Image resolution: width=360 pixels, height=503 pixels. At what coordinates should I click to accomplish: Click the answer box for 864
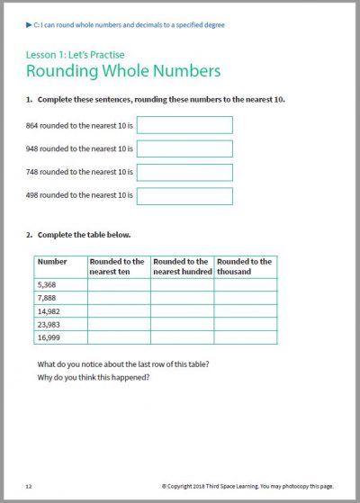[184, 125]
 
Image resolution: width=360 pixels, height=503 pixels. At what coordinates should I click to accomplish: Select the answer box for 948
[184, 148]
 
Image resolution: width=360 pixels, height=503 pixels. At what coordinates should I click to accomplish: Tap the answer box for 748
[184, 172]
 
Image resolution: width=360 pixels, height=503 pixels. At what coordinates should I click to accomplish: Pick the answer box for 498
[184, 195]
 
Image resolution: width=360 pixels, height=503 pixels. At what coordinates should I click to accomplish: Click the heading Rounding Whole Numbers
[123, 70]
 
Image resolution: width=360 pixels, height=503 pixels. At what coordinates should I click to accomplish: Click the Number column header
[53, 262]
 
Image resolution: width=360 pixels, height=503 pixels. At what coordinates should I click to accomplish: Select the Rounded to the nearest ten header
[118, 266]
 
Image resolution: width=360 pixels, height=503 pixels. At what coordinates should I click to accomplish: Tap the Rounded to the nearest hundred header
[182, 266]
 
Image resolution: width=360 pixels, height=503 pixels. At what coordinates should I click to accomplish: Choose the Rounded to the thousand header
[245, 266]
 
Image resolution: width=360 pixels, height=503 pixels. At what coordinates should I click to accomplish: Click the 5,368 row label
[49, 284]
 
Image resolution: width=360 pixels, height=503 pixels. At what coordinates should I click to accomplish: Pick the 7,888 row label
[49, 298]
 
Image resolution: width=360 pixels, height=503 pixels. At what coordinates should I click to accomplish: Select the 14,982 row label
[50, 311]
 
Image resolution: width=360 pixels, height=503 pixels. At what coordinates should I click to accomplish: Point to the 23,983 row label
[50, 325]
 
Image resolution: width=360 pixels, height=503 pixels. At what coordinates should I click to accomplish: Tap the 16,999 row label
[50, 338]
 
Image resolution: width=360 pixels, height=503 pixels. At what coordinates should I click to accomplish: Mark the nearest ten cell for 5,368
[118, 284]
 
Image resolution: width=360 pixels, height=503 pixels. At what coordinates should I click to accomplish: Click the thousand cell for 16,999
[245, 338]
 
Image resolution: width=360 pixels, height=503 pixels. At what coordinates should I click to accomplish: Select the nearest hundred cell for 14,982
[182, 311]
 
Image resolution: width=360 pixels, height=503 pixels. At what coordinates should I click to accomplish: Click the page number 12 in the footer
[29, 486]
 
